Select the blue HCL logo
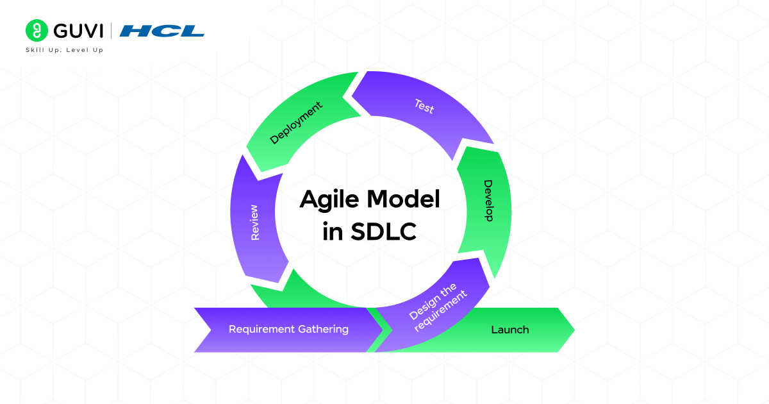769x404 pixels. coord(162,31)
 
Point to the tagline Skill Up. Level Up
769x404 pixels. coord(64,50)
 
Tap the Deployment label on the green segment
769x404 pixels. coord(295,123)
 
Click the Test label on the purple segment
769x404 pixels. coord(424,106)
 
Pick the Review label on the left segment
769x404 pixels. coord(255,223)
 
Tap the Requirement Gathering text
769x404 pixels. coord(288,329)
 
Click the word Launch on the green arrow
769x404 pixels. coord(510,330)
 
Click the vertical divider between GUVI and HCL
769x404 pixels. coord(112,31)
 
